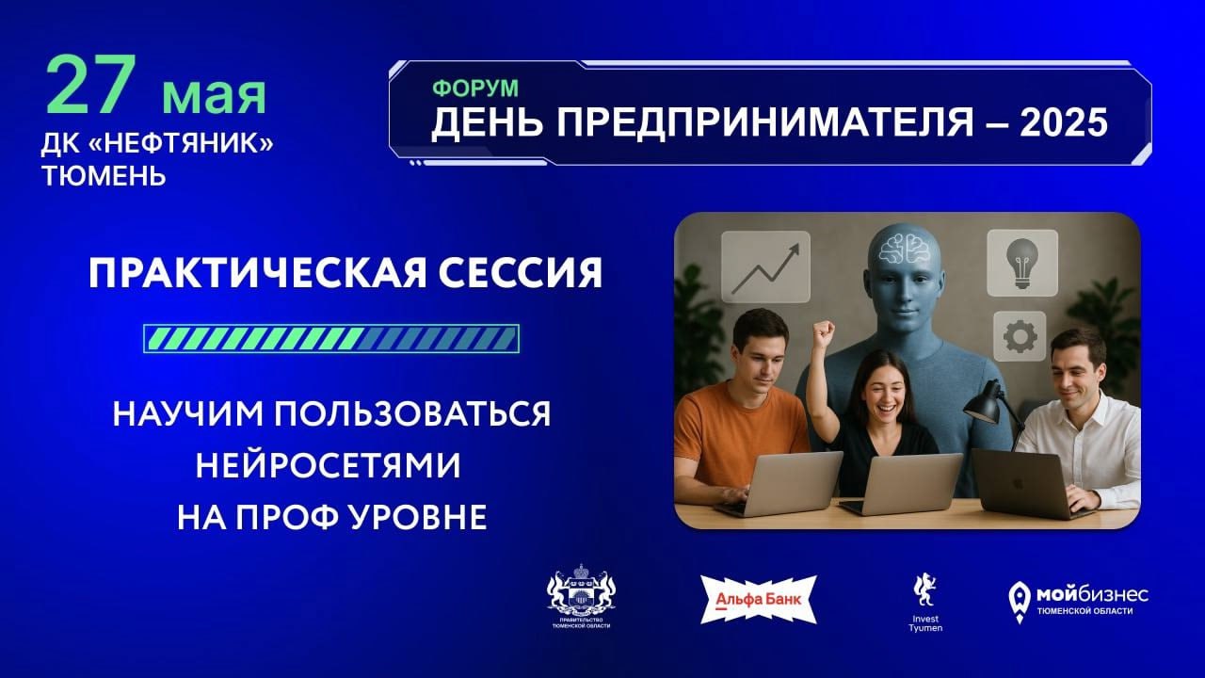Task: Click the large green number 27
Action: [91, 84]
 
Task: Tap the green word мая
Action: [214, 95]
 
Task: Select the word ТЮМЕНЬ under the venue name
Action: [104, 175]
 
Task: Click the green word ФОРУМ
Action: [475, 89]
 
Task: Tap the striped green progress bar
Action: [331, 338]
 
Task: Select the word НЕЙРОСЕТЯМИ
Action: [329, 465]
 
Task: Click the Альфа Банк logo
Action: [759, 600]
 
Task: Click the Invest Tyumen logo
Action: [925, 603]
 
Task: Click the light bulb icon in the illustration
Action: [1022, 263]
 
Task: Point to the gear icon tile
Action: [1020, 336]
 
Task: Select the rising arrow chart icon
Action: [765, 266]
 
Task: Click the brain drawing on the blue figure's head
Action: [905, 249]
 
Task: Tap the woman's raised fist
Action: [823, 333]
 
